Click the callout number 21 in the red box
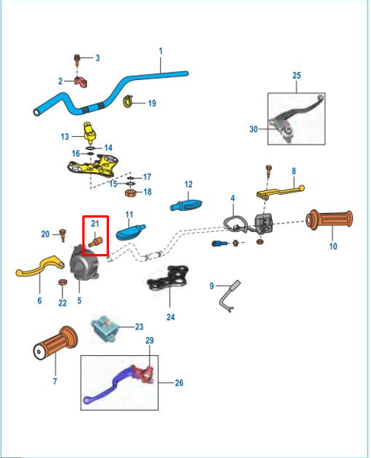tap(95, 224)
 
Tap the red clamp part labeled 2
tap(81, 81)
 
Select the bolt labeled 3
tap(77, 60)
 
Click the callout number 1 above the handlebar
tap(160, 51)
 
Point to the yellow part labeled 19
tap(127, 101)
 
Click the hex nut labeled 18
tap(130, 192)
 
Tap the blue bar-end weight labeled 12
tap(186, 205)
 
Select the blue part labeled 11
tap(130, 232)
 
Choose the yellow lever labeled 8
tap(280, 192)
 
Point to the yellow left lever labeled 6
tap(40, 267)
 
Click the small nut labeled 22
tap(62, 282)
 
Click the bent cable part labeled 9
tap(229, 296)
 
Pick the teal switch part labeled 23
tap(105, 328)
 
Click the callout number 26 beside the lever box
tap(179, 383)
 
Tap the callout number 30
tap(254, 129)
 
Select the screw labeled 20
tap(62, 235)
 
